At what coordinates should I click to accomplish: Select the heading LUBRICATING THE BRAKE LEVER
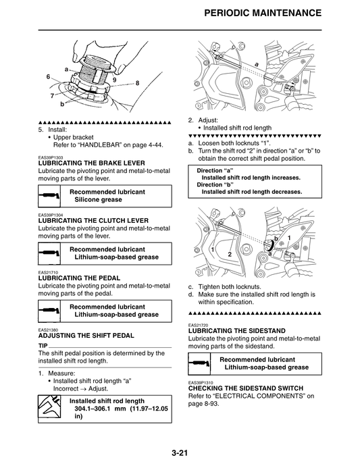tap(91, 163)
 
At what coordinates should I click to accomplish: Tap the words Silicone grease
tap(98, 200)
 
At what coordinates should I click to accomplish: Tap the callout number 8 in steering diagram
tap(137, 83)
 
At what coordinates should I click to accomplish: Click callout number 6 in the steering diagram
tap(48, 77)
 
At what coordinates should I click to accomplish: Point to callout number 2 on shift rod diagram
tap(230, 254)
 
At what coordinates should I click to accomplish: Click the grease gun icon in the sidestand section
tap(201, 364)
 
